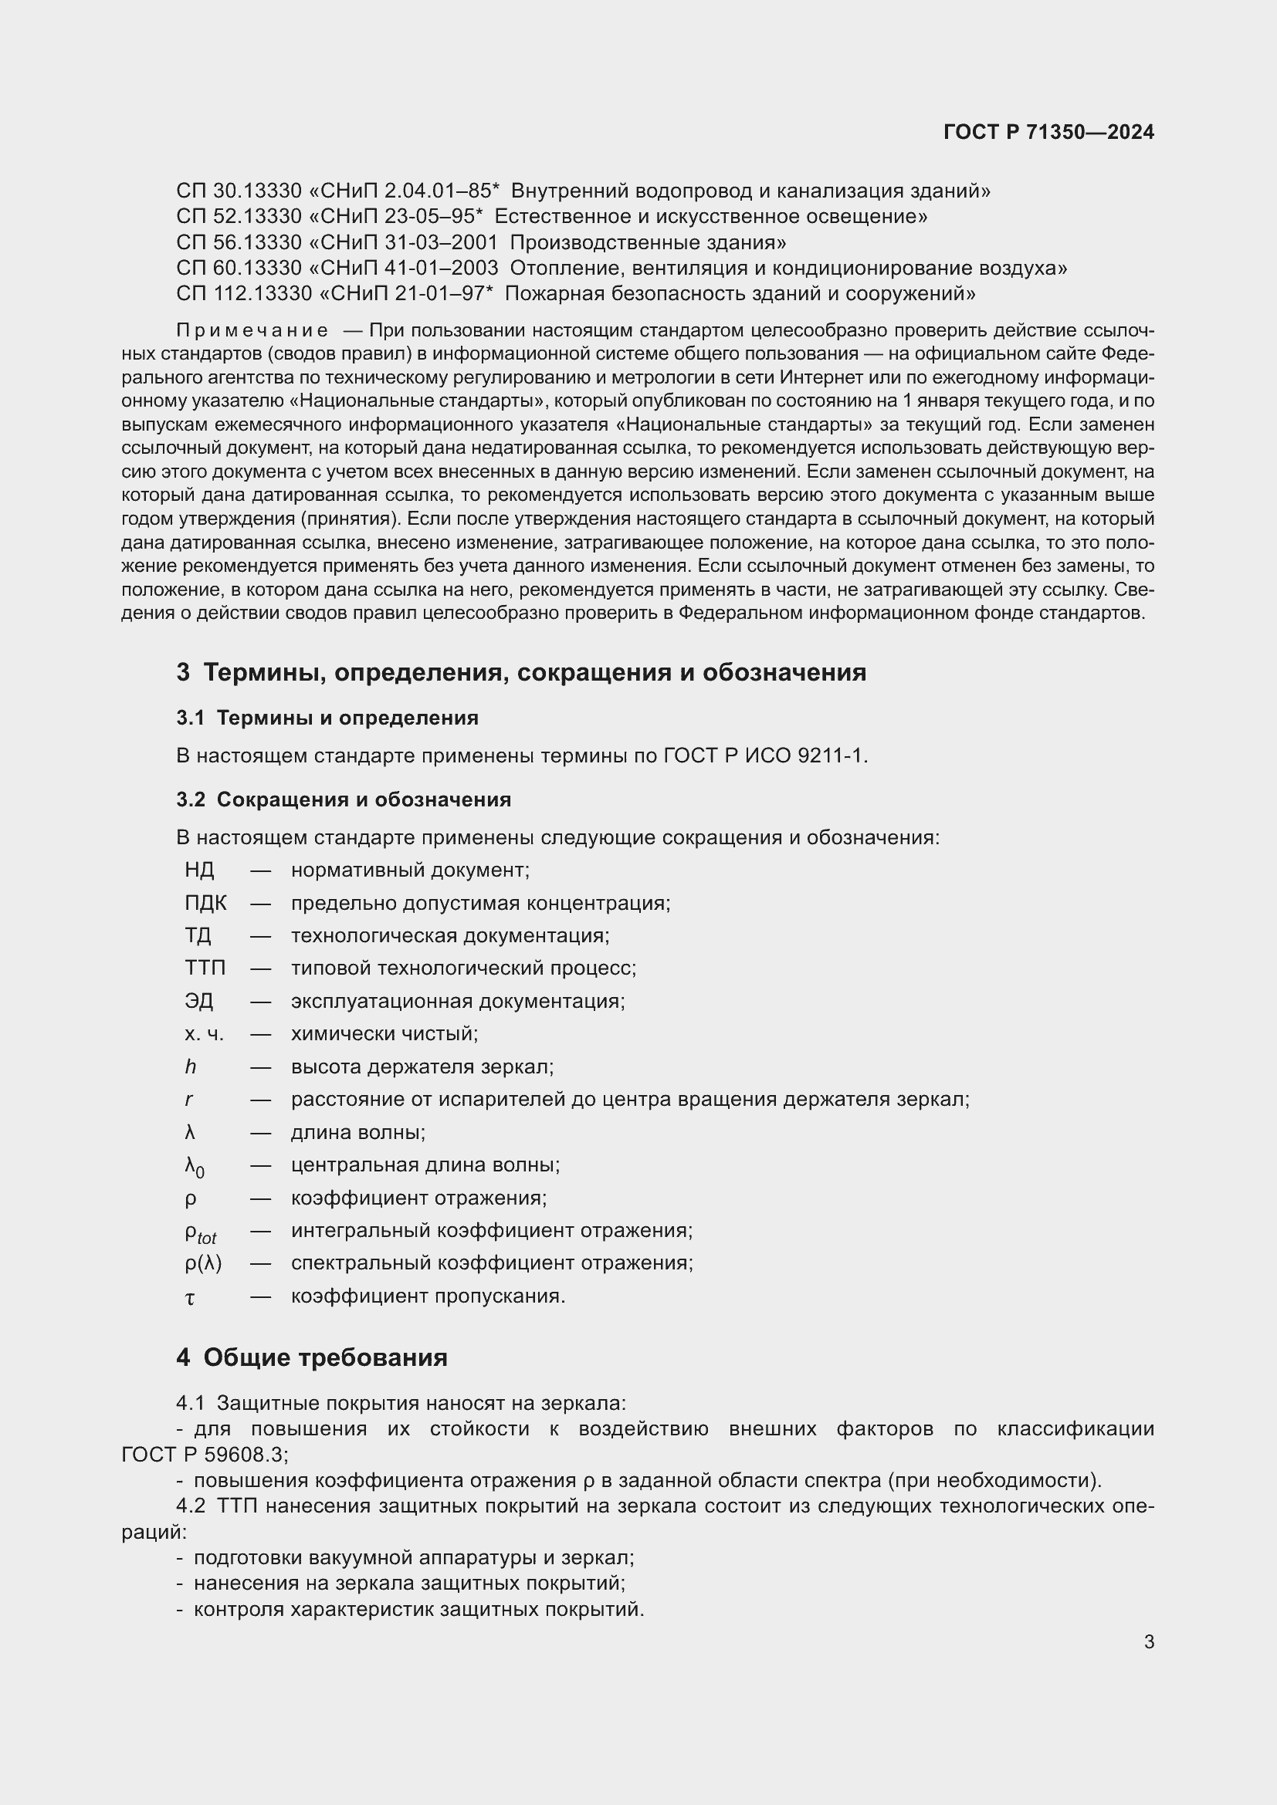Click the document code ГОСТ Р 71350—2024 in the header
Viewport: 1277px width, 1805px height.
pos(1048,132)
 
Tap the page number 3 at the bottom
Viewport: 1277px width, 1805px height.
pos(1149,1641)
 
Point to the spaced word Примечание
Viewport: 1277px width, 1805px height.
pos(252,330)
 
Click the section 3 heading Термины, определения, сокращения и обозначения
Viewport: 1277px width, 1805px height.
pos(521,672)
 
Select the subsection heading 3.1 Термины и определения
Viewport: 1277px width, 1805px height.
pos(327,718)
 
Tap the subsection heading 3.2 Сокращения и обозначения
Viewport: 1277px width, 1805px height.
pos(344,799)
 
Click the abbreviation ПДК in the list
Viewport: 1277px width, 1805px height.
pos(205,904)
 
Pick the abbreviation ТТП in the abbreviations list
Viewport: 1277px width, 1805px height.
pos(205,968)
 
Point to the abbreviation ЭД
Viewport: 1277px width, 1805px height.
pos(199,1002)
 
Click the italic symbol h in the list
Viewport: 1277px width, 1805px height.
pos(190,1066)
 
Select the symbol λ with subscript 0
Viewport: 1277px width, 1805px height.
pos(195,1168)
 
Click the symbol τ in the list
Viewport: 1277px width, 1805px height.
pos(189,1298)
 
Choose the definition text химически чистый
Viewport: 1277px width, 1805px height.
pos(384,1034)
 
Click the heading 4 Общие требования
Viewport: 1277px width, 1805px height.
pos(312,1357)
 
